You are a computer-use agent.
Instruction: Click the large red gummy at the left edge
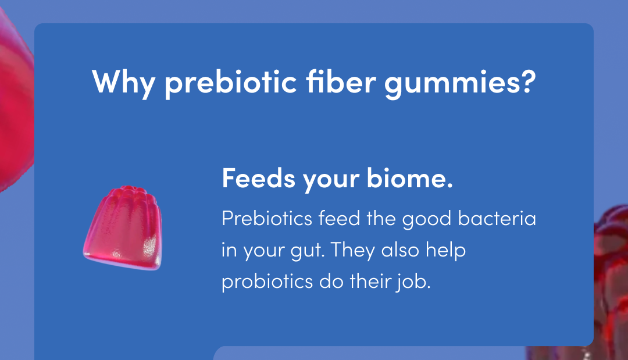(13, 105)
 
